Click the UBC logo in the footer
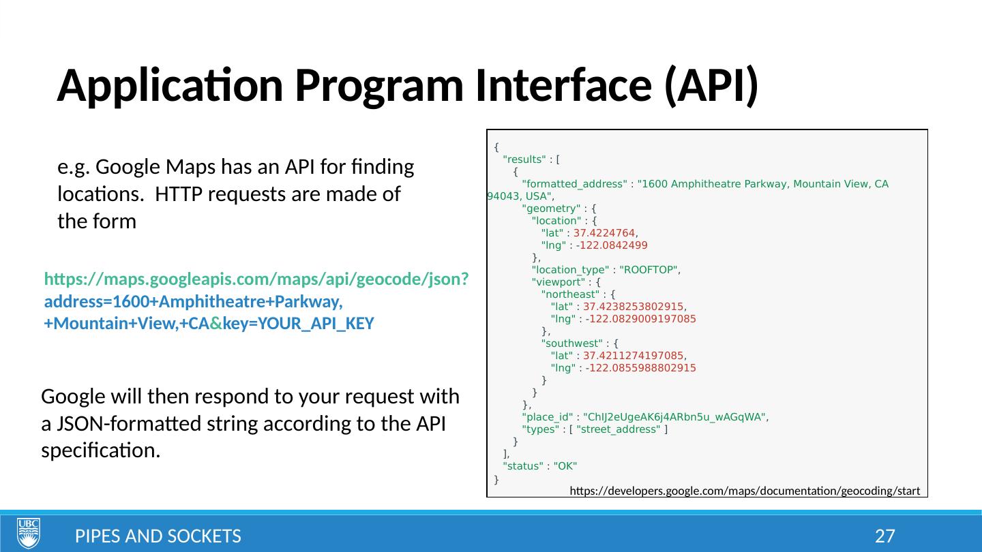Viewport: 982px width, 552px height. pyautogui.click(x=29, y=532)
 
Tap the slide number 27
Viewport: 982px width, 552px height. pyautogui.click(x=884, y=536)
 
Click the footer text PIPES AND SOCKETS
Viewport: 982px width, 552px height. pyautogui.click(x=158, y=536)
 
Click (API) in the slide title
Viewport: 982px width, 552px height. pyautogui.click(x=712, y=87)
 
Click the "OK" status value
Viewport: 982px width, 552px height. pyautogui.click(x=565, y=466)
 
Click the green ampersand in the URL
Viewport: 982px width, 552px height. pyautogui.click(x=215, y=324)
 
